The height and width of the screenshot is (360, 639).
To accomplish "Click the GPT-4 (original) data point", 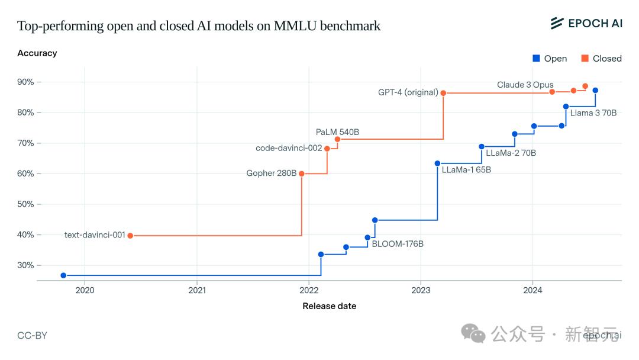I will coord(443,93).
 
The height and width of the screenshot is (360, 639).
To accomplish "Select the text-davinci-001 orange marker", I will coord(130,236).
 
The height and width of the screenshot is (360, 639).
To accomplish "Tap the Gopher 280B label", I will coord(272,173).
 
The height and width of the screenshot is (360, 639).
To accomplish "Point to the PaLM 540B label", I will coord(337,132).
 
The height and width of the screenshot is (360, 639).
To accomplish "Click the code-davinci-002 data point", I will coord(327,149).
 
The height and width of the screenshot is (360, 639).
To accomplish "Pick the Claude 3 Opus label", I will coord(525,85).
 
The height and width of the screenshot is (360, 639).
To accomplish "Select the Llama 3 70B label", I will coord(593,112).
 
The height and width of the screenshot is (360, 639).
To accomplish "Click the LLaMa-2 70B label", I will coord(511,153).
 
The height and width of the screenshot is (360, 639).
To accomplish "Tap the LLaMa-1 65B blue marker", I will coord(438,163).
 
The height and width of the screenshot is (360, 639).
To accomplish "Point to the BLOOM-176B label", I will coord(398,244).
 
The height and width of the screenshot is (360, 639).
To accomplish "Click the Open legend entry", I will coord(550,59).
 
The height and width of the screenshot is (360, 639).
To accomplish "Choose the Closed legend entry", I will coord(601,59).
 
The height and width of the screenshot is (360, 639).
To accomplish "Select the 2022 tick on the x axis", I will coord(309,290).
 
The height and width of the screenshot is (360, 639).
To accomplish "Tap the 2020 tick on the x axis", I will coord(85,290).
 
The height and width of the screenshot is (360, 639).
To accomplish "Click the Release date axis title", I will coord(330,306).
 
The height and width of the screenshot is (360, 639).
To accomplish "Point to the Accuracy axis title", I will coord(37,53).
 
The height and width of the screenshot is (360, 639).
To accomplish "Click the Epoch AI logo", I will coord(586,23).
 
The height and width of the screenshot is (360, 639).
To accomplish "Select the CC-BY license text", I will coord(32,336).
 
